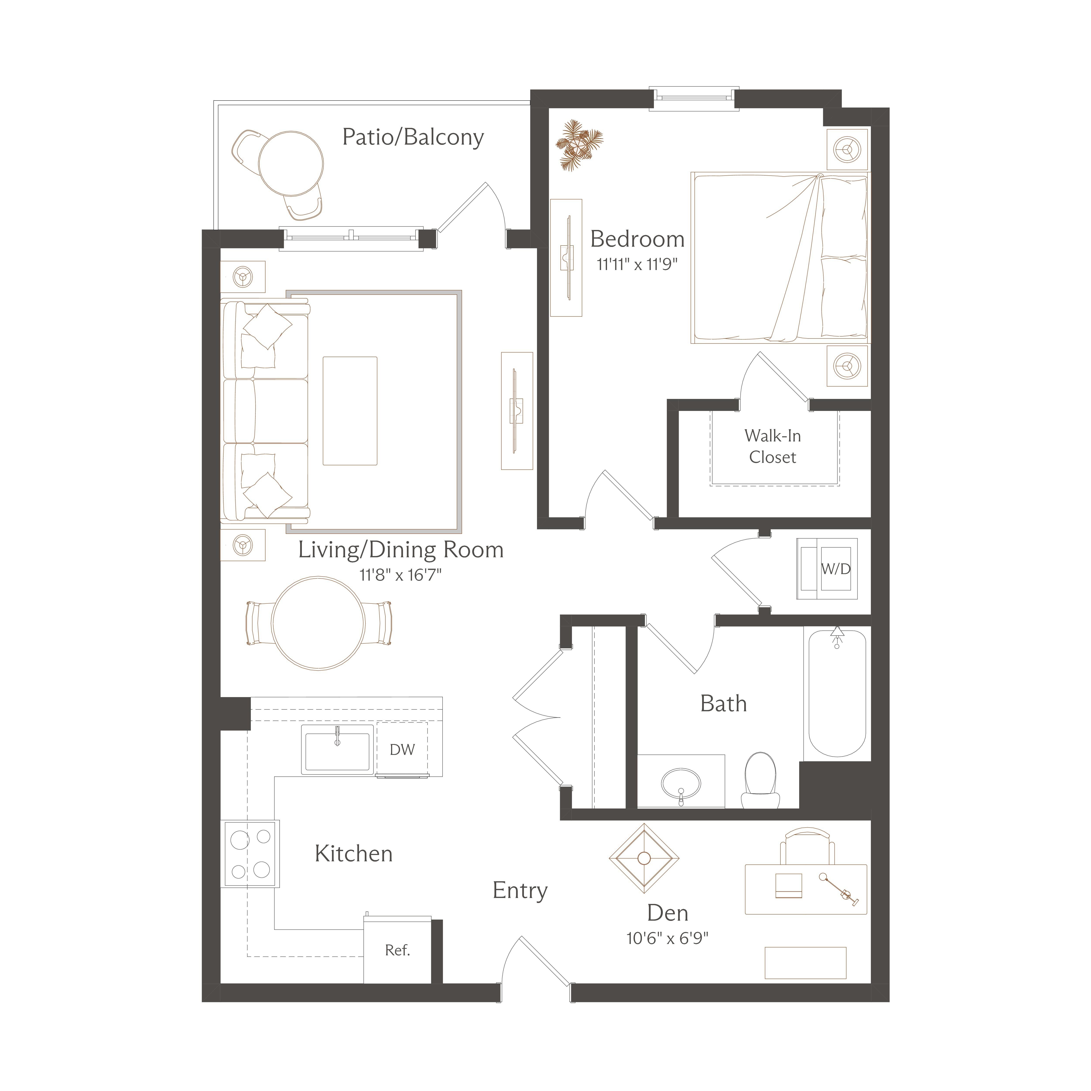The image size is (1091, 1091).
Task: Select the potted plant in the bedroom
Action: pos(579,144)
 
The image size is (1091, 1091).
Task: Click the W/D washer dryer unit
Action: pos(827,569)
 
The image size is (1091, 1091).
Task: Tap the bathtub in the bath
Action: pos(837,692)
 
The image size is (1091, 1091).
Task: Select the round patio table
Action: pos(291,164)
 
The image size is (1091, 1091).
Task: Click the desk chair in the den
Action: pos(807,846)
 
